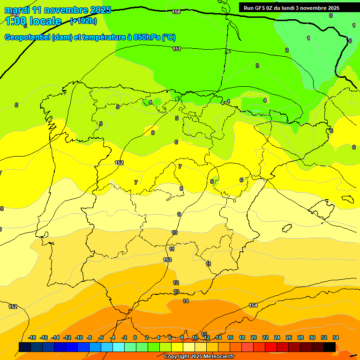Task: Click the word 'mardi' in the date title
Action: coord(16,10)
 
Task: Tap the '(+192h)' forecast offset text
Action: coord(83,21)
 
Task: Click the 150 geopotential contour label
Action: coord(176,12)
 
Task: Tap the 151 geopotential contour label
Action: coord(177,49)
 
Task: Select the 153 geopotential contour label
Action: coord(167,260)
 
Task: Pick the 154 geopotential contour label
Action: coord(253,305)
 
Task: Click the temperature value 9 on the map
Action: coord(179,214)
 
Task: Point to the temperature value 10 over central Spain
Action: coord(174,232)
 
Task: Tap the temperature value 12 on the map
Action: coord(176,283)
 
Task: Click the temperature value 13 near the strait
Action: coord(176,292)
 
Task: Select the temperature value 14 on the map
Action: coord(186,301)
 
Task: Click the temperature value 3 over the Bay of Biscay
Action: coord(257,66)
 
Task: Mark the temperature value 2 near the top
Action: coord(287,50)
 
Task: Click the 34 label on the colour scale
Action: coord(335,337)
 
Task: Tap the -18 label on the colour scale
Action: coord(32,337)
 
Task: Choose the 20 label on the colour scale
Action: coord(254,337)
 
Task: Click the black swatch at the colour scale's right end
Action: coord(330,347)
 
